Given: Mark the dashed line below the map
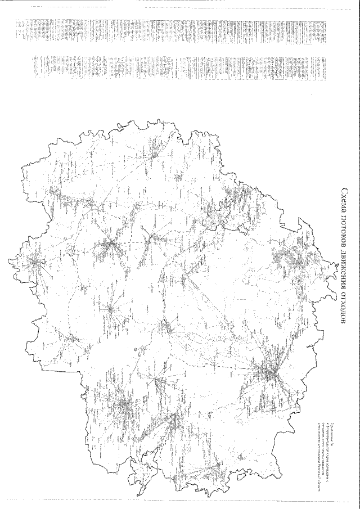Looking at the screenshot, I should click(x=180, y=499).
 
